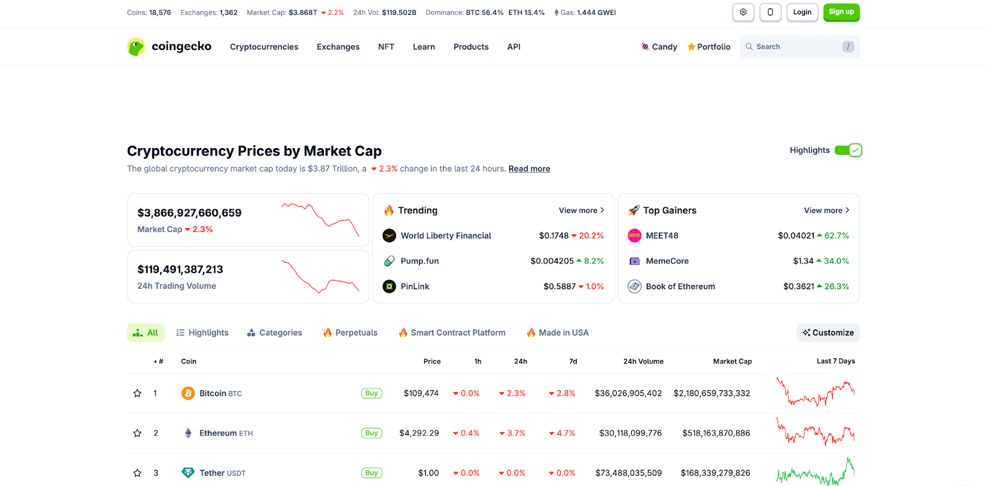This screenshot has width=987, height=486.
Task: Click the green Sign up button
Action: point(841,12)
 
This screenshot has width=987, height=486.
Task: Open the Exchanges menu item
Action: point(338,47)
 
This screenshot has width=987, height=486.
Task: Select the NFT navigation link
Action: point(386,47)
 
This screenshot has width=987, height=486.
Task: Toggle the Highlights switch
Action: point(848,150)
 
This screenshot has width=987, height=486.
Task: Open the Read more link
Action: point(529,169)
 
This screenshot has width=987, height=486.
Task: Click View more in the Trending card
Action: point(581,210)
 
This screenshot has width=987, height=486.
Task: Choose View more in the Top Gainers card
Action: point(826,210)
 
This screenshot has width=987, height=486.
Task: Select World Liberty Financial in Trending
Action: point(445,236)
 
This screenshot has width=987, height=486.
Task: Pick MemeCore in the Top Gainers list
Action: point(667,261)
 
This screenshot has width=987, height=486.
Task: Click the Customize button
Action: point(828,332)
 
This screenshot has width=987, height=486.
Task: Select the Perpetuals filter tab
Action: point(350,332)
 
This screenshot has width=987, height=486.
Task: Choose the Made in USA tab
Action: point(558,332)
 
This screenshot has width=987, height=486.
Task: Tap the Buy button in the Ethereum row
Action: point(371,433)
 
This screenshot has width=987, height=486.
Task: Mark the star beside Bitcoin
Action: point(138,393)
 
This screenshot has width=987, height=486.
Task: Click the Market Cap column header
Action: point(732,361)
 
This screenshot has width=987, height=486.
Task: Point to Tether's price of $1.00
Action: point(428,473)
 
